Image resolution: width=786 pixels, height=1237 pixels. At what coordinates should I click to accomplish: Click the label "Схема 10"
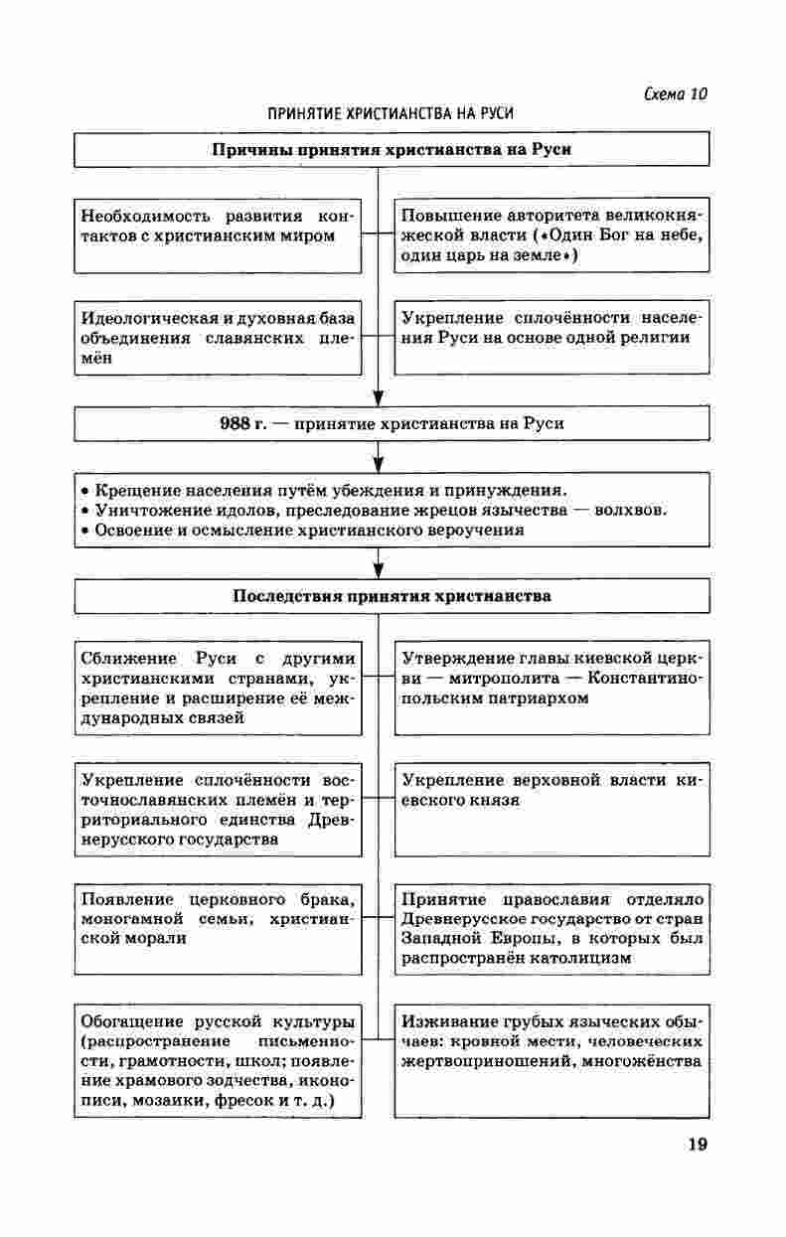676,94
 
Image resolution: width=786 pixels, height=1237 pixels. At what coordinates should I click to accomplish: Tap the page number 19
697,1145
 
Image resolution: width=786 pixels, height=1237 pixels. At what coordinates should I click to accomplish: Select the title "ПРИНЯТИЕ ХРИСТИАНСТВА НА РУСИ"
391,114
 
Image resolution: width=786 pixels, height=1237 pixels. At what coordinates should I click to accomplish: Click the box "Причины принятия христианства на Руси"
393,149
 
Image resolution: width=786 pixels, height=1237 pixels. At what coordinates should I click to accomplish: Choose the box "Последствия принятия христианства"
393,596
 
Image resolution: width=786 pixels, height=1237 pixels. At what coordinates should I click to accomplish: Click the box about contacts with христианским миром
219,234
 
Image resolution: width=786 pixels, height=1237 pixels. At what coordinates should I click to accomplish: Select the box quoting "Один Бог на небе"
551,234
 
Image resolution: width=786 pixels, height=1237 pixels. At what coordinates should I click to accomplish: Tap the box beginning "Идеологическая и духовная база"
219,338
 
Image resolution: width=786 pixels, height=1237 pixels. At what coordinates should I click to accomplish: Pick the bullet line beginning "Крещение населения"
323,490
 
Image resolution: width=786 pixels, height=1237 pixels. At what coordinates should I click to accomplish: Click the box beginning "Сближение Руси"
219,688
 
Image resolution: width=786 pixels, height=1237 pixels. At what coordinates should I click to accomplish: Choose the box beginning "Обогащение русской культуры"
219,1061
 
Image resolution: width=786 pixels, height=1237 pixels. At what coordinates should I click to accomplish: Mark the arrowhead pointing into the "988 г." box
378,400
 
